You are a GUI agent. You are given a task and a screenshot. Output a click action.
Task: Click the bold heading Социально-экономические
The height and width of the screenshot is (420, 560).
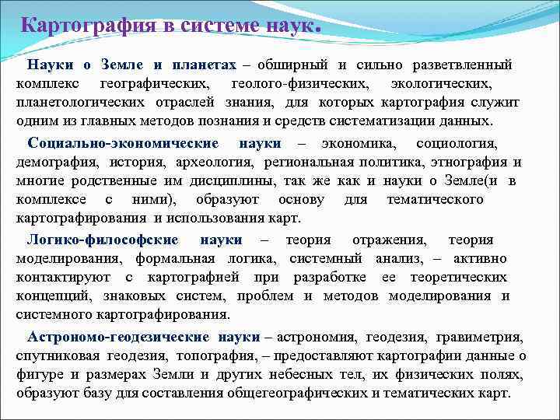tap(123, 143)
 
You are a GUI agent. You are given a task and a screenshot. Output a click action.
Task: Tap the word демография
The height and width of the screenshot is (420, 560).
tap(51, 162)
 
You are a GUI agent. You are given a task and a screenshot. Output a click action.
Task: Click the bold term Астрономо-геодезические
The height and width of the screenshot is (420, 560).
tap(118, 337)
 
